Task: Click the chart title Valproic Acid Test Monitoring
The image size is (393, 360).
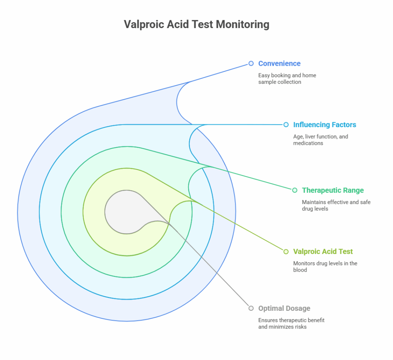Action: pyautogui.click(x=196, y=24)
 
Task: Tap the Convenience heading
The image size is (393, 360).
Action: pyautogui.click(x=279, y=63)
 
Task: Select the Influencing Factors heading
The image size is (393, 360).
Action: pyautogui.click(x=324, y=125)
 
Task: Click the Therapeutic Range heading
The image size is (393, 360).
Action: pyautogui.click(x=333, y=190)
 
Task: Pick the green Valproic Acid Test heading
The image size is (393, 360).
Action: pyautogui.click(x=323, y=252)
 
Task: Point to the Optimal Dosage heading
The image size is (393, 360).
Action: pyautogui.click(x=284, y=308)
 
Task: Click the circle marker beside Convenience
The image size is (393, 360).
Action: pyautogui.click(x=251, y=63)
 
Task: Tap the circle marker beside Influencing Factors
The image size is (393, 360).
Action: pyautogui.click(x=286, y=124)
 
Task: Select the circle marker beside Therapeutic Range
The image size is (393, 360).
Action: pyautogui.click(x=295, y=190)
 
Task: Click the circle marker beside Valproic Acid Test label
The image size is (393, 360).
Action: pyautogui.click(x=286, y=252)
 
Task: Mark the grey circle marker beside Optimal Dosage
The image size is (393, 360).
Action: pyautogui.click(x=251, y=308)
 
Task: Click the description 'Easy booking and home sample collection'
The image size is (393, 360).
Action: pyautogui.click(x=287, y=79)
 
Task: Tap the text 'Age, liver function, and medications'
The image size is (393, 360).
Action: pyautogui.click(x=320, y=140)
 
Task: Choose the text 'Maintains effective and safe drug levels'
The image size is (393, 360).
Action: pyautogui.click(x=336, y=206)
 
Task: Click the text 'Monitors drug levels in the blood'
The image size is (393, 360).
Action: pyautogui.click(x=325, y=266)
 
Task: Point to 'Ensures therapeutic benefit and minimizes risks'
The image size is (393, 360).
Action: pyautogui.click(x=291, y=324)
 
